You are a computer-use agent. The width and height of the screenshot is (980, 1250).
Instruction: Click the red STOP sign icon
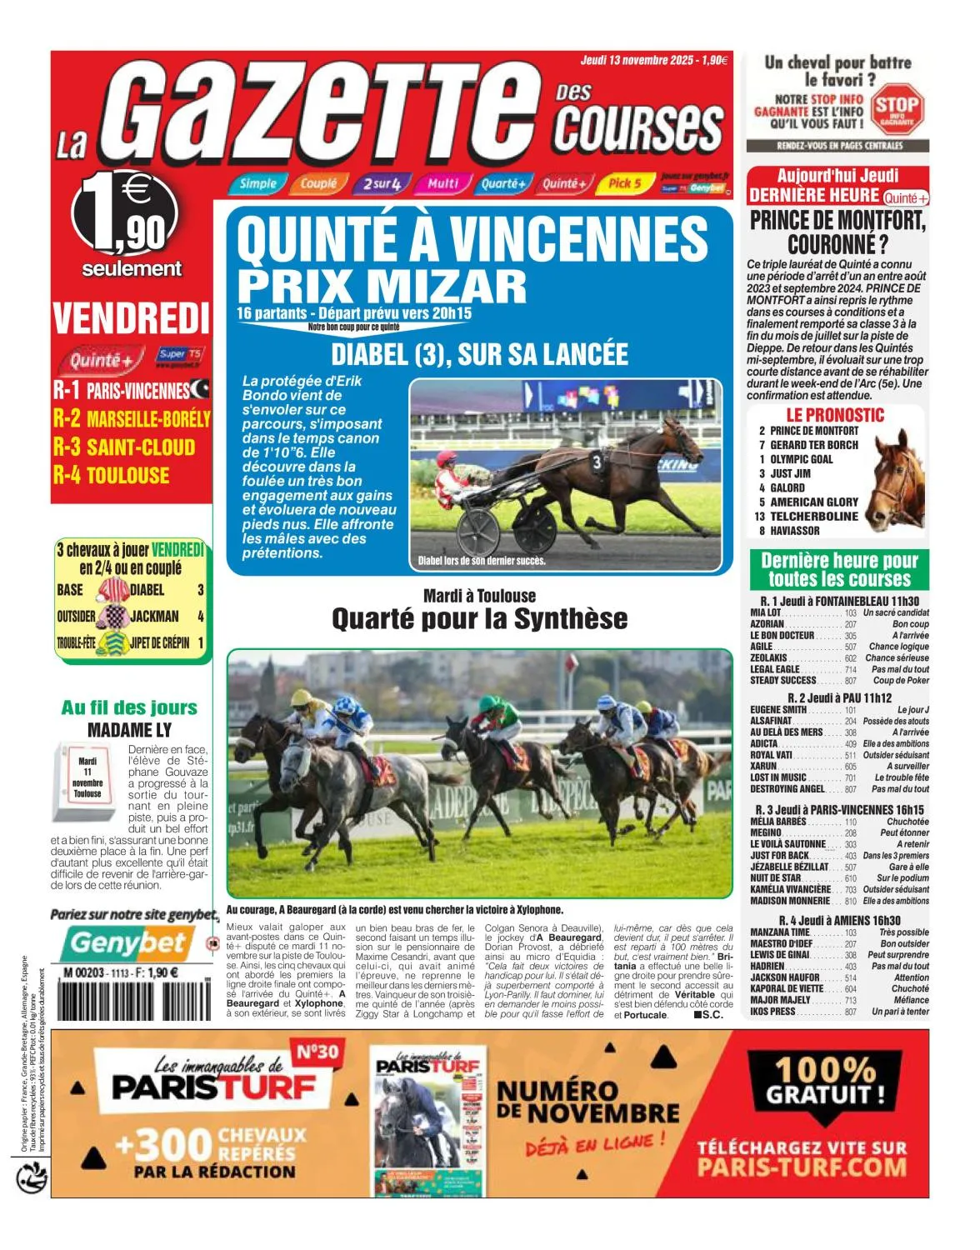[x=897, y=107]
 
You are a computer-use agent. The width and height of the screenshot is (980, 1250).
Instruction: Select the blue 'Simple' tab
[x=257, y=183]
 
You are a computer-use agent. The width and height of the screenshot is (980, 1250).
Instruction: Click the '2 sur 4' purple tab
[x=382, y=183]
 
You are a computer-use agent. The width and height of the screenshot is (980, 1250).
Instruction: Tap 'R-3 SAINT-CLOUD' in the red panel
[x=124, y=447]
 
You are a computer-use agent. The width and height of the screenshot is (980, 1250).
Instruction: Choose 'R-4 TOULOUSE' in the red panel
[x=112, y=476]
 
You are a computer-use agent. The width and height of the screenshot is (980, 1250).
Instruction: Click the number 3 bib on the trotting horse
[x=597, y=461]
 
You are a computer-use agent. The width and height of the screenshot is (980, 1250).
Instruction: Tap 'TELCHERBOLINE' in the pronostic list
[x=813, y=516]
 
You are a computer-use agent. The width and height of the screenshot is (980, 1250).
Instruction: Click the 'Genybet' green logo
[x=127, y=942]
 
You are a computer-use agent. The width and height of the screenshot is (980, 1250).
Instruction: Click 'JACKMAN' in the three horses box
[x=155, y=617]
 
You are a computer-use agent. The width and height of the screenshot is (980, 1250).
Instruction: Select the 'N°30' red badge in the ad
[x=317, y=1052]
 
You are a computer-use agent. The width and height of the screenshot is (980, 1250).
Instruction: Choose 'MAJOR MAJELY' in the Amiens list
[x=780, y=1000]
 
